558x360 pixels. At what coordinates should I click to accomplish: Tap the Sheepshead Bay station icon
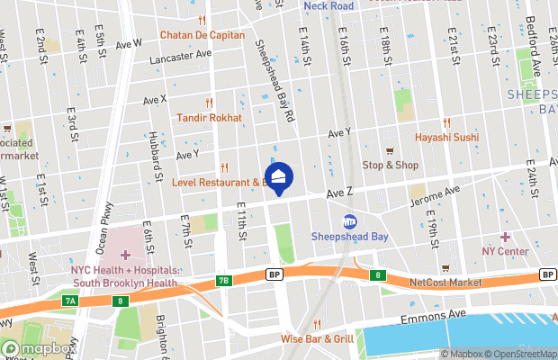click(350, 221)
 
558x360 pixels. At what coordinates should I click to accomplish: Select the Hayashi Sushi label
click(446, 137)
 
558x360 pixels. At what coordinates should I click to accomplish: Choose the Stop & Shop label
click(390, 165)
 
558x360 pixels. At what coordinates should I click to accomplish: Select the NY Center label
click(505, 251)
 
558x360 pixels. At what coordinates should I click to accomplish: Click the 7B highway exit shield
click(224, 281)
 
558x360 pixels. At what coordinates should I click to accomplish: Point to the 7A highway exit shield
click(69, 300)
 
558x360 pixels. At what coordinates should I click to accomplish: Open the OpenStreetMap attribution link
click(524, 354)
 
